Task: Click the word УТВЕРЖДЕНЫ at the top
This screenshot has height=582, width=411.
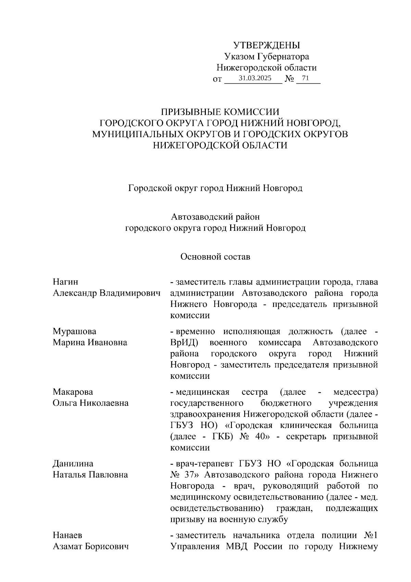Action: pos(266,45)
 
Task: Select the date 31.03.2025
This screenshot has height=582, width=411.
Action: pos(255,78)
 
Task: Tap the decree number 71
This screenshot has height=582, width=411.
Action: pos(306,78)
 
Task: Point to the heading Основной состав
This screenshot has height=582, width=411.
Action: pos(215,257)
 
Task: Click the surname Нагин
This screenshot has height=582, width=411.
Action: pos(65,282)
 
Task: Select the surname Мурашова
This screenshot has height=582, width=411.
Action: pos(74,331)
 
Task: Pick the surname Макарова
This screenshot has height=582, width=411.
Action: pos(73,392)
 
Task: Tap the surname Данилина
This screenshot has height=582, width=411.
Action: pos(73,464)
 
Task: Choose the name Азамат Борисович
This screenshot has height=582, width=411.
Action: pos(91,546)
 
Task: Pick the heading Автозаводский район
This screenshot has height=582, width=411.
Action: pos(215,217)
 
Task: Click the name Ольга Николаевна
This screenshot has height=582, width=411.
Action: pos(91,403)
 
